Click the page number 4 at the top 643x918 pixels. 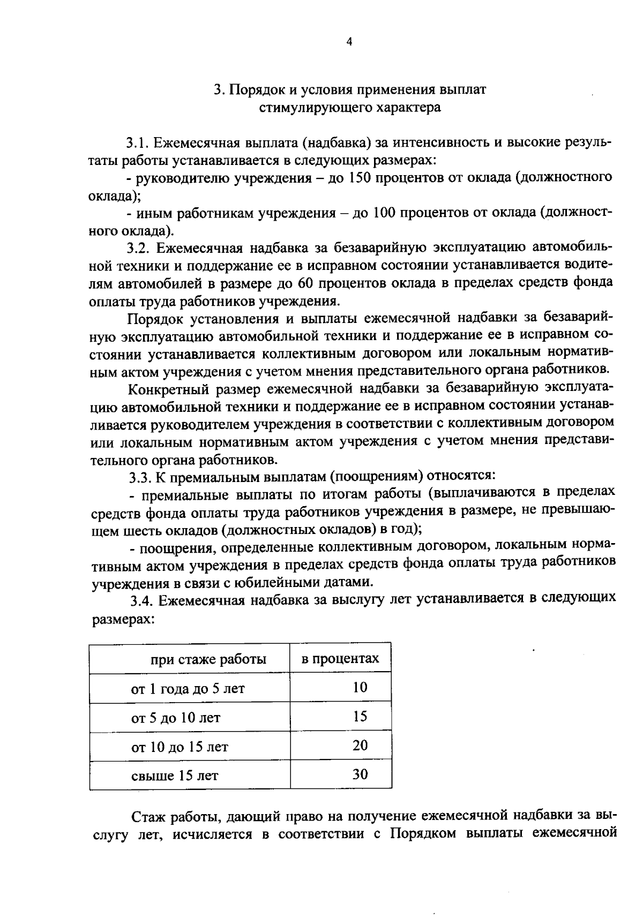click(x=349, y=42)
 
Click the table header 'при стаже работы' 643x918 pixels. click(x=208, y=659)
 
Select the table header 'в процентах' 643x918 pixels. click(x=340, y=658)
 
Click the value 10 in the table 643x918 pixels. click(x=360, y=687)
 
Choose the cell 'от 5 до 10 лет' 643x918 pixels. click(x=175, y=717)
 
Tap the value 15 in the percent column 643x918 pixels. click(x=360, y=717)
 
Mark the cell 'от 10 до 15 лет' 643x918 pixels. click(x=180, y=746)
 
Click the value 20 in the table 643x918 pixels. click(x=360, y=746)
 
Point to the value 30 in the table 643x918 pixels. click(x=360, y=774)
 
